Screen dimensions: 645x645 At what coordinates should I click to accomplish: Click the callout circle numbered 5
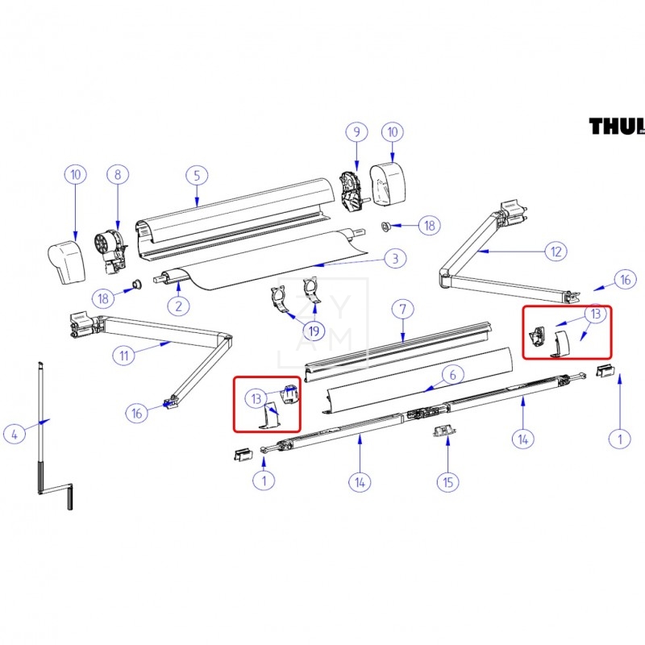pyautogui.click(x=196, y=174)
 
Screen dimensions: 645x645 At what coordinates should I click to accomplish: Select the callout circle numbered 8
pyautogui.click(x=118, y=174)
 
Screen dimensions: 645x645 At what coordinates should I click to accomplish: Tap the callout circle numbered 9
pyautogui.click(x=356, y=131)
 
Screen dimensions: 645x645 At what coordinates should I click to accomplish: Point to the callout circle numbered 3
pyautogui.click(x=394, y=259)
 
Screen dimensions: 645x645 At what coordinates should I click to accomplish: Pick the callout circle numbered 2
pyautogui.click(x=178, y=305)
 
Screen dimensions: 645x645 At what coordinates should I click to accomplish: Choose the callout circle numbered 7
pyautogui.click(x=402, y=308)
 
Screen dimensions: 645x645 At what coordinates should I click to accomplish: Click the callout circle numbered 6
pyautogui.click(x=453, y=374)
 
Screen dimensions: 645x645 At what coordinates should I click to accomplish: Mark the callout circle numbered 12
pyautogui.click(x=555, y=252)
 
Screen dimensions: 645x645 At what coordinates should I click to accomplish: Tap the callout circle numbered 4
pyautogui.click(x=14, y=434)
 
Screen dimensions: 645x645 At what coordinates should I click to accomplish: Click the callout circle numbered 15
pyautogui.click(x=448, y=482)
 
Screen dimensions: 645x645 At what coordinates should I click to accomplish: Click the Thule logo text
pyautogui.click(x=616, y=127)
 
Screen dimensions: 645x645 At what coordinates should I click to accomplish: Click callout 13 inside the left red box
pyautogui.click(x=256, y=397)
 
